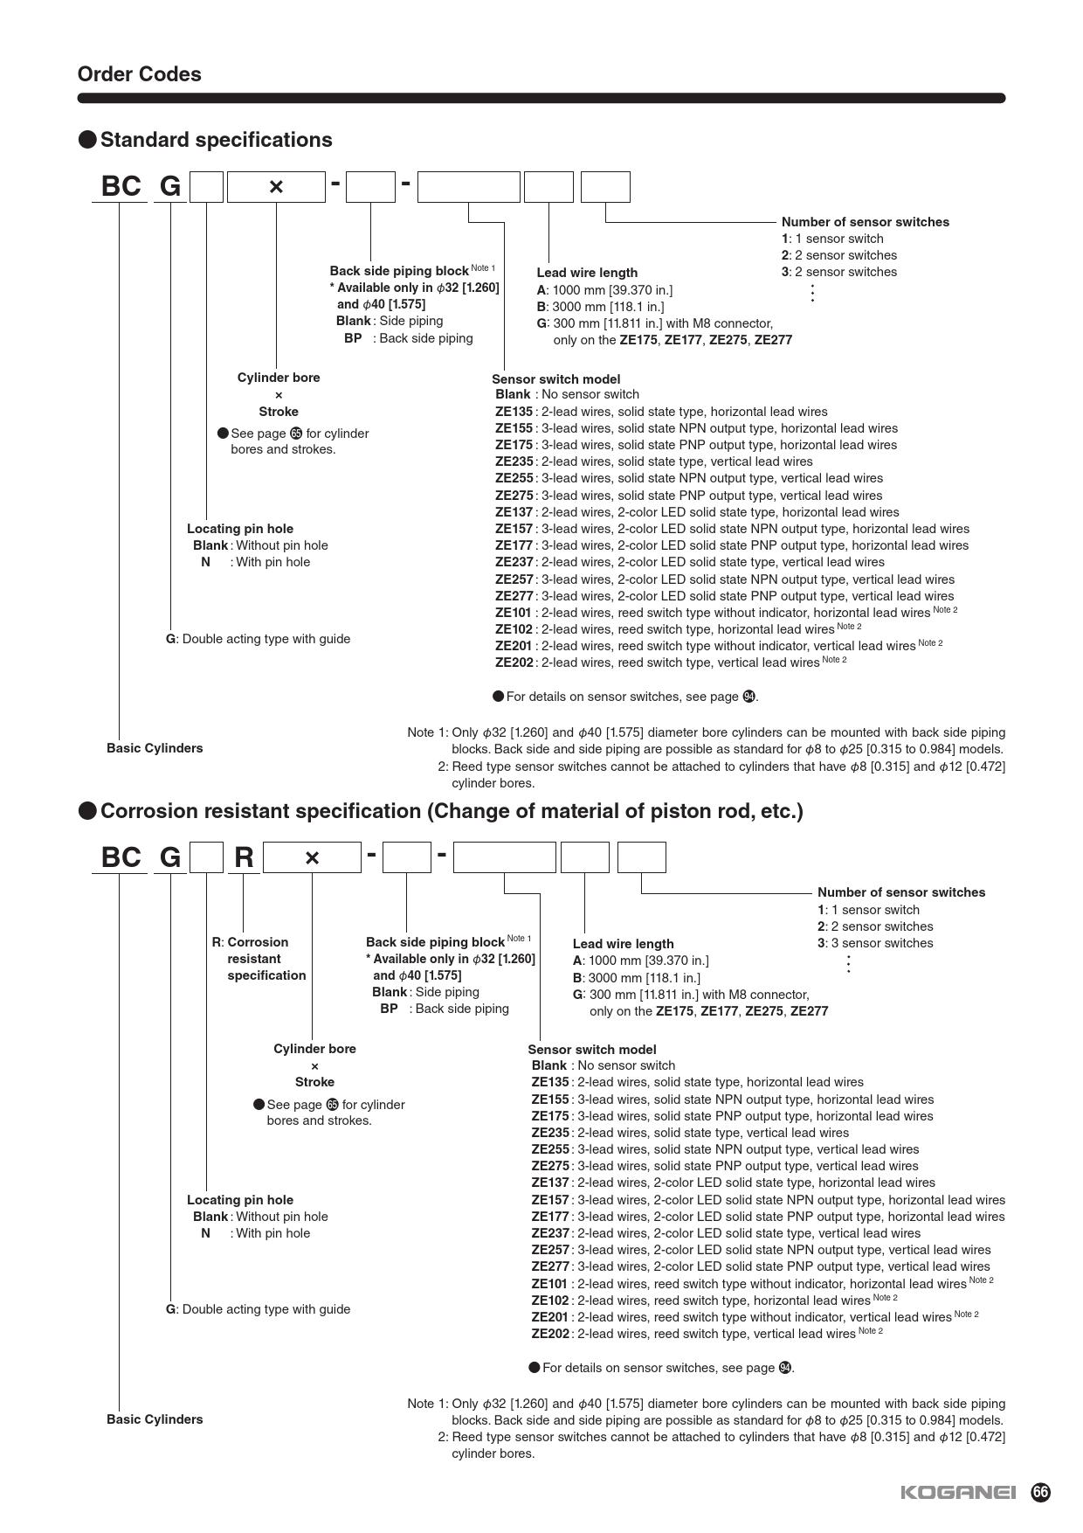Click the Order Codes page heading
(139, 74)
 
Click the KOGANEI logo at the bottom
(958, 1492)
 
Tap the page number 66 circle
(1040, 1492)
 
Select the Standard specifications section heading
(216, 140)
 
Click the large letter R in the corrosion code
(244, 857)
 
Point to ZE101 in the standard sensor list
(514, 613)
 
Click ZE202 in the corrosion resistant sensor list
(550, 1334)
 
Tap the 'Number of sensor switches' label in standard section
(865, 222)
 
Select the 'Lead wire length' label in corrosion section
(623, 944)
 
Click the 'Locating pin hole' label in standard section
(240, 529)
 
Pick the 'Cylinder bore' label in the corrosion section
(314, 1049)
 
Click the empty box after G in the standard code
(207, 187)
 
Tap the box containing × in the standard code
(276, 187)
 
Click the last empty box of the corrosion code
(641, 857)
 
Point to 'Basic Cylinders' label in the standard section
(155, 748)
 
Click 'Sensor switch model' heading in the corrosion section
(591, 1050)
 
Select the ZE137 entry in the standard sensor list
(514, 512)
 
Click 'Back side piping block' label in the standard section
(399, 271)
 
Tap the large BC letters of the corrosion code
(121, 857)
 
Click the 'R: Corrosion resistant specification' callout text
(259, 959)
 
